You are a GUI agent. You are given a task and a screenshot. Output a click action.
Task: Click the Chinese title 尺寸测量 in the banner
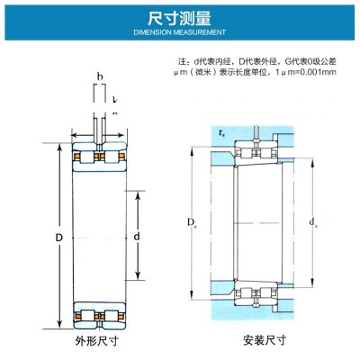(180, 16)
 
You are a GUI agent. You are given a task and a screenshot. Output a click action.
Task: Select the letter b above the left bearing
(100, 78)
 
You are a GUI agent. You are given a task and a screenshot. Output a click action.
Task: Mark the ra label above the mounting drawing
(221, 131)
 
